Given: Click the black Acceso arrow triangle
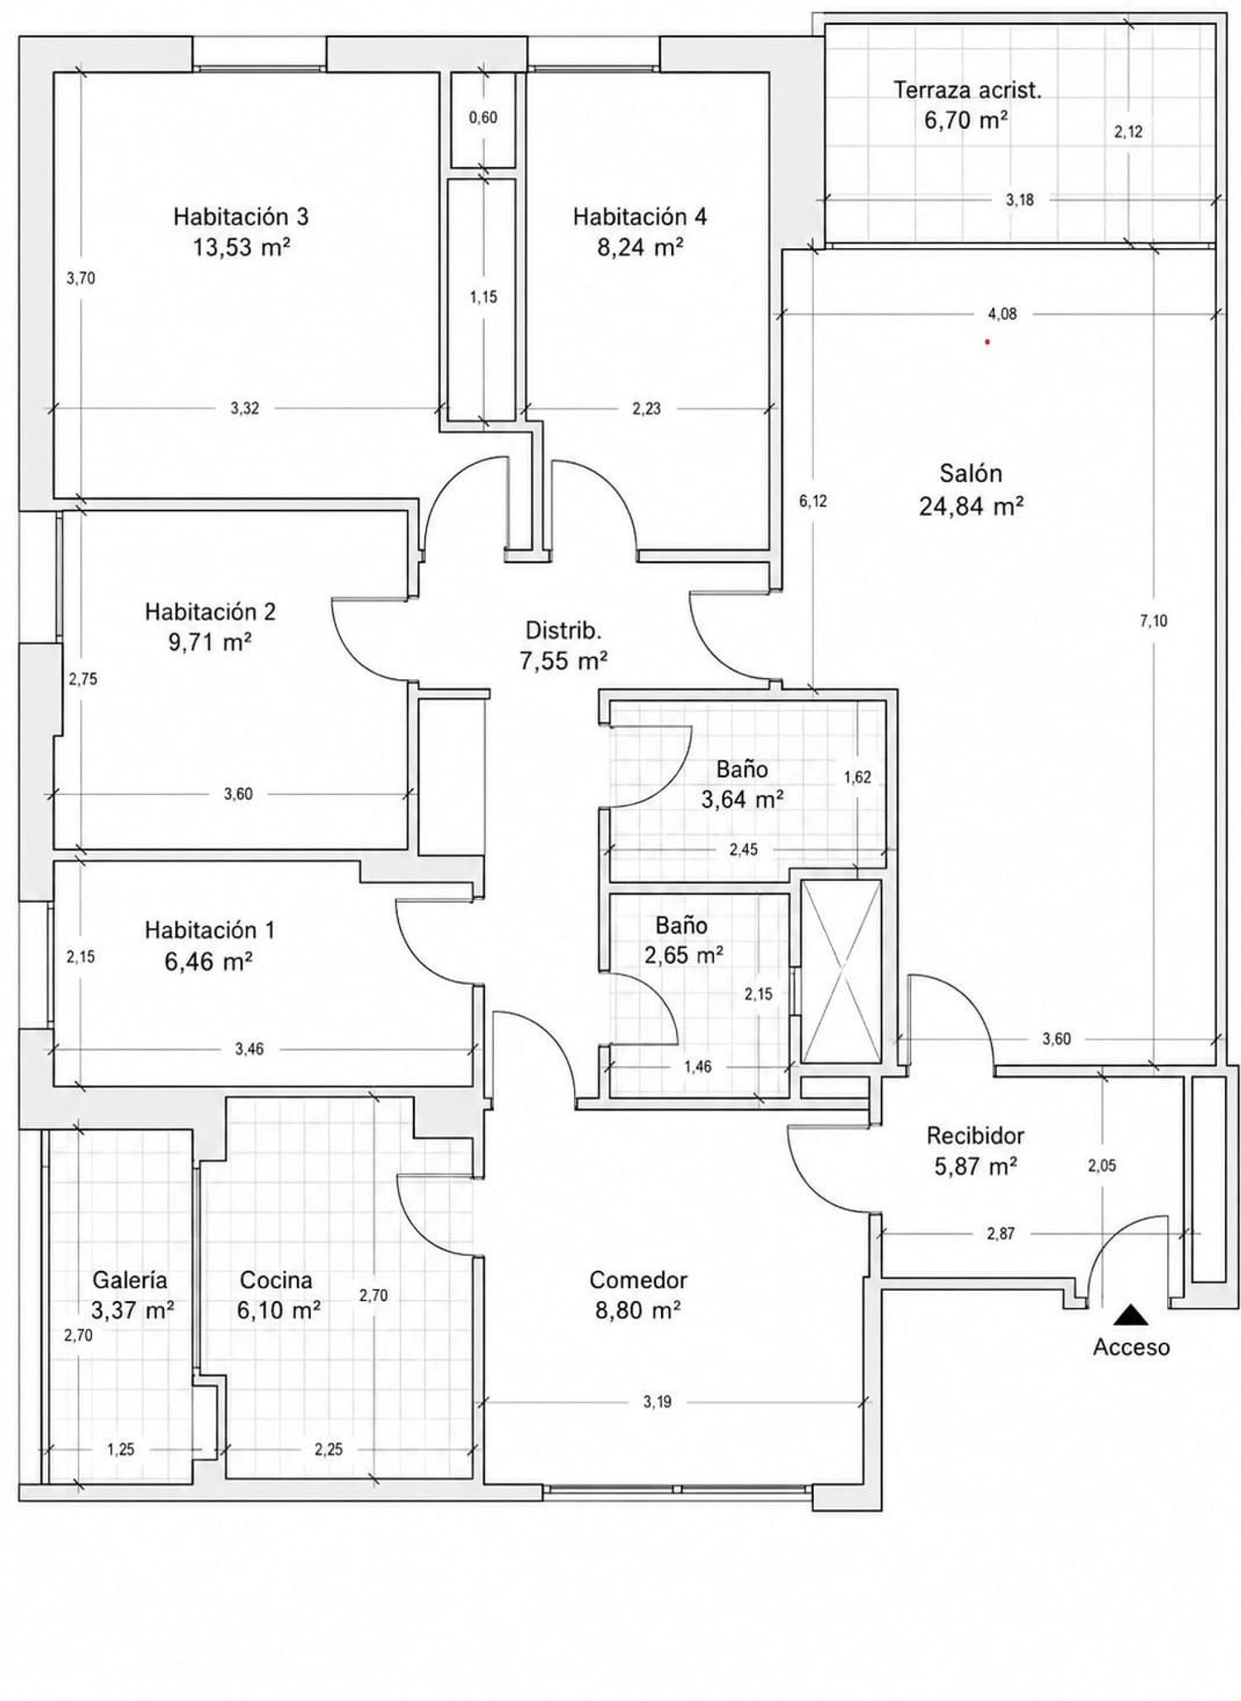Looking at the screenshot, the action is pos(1130,1314).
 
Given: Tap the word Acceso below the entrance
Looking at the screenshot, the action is pos(1131,1347).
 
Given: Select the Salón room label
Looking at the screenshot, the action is pos(970,474).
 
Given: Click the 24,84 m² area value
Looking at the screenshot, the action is pos(971,505).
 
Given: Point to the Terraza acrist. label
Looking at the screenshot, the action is pos(967,90).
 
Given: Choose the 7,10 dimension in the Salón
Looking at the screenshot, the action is pos(1153,621).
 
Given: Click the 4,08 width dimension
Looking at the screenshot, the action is pos(1003,314).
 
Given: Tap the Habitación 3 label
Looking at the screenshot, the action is pos(241,217).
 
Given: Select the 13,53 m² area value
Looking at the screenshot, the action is pos(241,247).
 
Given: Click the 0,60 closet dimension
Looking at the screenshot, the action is pos(483,117).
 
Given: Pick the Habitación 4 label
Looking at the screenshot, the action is pos(640,217).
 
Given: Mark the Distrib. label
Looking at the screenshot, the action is pos(564,630).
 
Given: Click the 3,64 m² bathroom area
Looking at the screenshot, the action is pos(742,800).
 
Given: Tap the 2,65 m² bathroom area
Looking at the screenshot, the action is pos(684,955).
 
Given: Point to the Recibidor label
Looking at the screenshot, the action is pos(975,1135).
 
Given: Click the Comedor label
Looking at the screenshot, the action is pos(638,1280).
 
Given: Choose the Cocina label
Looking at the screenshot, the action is pos(276,1280).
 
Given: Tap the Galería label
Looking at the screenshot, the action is pos(130,1280).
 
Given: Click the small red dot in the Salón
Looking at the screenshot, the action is pos(987,341).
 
